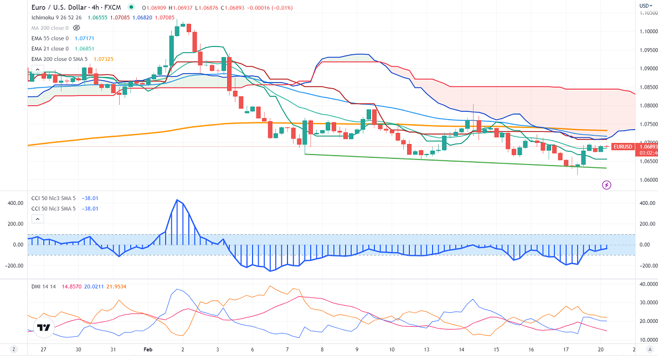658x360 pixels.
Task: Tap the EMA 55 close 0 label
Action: [50, 38]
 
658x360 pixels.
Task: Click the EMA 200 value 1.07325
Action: [104, 59]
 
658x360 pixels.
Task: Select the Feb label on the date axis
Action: [147, 350]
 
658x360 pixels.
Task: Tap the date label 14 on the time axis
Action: [461, 350]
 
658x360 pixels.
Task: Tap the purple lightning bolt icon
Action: [606, 185]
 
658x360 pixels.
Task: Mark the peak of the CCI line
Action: [177, 200]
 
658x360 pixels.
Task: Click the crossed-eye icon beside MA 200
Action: [76, 28]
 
